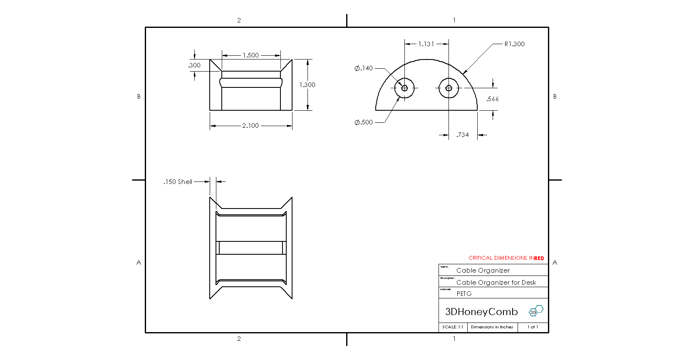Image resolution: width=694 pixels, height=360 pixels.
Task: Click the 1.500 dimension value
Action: [x=250, y=55]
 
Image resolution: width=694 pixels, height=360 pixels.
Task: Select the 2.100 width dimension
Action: [x=250, y=126]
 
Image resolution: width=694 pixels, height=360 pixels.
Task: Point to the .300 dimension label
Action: [x=194, y=65]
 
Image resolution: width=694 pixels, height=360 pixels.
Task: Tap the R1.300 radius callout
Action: [x=514, y=44]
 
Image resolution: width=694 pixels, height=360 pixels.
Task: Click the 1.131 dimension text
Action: [x=426, y=44]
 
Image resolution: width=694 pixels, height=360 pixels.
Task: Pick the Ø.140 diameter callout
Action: [x=364, y=68]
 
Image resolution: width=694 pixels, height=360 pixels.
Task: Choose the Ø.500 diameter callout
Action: [x=364, y=122]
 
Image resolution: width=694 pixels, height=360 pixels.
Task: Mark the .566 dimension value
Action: [x=493, y=99]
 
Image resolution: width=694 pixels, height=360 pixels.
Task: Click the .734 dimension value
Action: [x=462, y=135]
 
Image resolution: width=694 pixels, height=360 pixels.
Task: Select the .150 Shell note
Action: [x=178, y=182]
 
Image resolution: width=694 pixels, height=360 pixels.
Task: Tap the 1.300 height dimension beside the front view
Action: [x=307, y=85]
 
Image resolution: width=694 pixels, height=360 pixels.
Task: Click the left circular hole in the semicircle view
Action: [x=404, y=88]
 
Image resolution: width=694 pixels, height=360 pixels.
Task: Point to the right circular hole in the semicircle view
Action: [x=449, y=88]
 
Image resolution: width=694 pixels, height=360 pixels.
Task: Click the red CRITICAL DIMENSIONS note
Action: [x=506, y=258]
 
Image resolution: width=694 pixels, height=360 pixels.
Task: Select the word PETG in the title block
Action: [x=464, y=294]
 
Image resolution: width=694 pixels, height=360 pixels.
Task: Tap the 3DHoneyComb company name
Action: [x=481, y=312]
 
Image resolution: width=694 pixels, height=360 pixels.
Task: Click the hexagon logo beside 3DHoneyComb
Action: [x=536, y=310]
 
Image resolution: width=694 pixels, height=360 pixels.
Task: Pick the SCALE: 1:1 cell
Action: [x=453, y=327]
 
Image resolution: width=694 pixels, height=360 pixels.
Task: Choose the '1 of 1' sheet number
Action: [x=533, y=327]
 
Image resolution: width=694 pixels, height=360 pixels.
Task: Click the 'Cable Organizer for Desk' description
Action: [x=496, y=283]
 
